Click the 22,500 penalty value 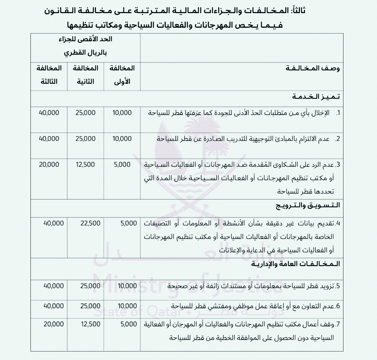click(x=91, y=223)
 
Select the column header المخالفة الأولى click(x=123, y=75)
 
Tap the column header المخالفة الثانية click(x=85, y=75)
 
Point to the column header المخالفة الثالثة click(x=49, y=75)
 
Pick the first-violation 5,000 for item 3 click(x=123, y=164)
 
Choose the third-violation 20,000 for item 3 click(x=49, y=164)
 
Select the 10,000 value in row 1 click(x=122, y=113)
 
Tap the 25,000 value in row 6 click(x=86, y=306)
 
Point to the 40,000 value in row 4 click(x=49, y=223)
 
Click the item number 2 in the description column click(x=337, y=138)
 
